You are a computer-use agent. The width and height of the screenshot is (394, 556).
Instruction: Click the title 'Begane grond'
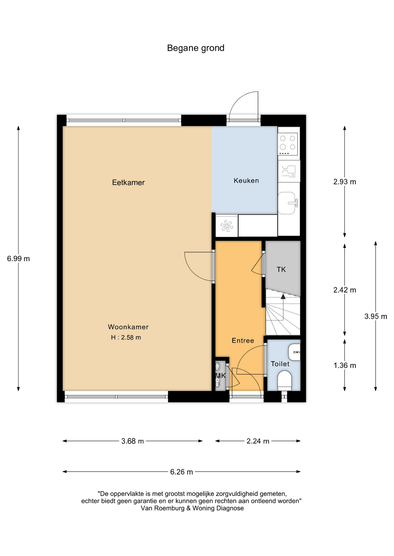(x=196, y=48)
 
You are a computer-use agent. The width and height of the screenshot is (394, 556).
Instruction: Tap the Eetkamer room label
(x=128, y=182)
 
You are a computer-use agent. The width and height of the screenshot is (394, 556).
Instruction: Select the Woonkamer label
(x=128, y=327)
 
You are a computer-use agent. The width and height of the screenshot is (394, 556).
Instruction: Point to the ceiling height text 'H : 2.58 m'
(x=126, y=337)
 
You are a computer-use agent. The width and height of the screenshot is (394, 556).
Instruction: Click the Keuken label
(x=246, y=181)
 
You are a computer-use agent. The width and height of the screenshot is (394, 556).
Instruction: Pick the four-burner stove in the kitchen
(x=288, y=144)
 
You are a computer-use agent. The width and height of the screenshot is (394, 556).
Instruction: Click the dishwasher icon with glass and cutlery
(x=289, y=171)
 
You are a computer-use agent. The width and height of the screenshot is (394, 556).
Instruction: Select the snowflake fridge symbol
(x=227, y=226)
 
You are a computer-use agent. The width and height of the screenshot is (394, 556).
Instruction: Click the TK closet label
(x=281, y=270)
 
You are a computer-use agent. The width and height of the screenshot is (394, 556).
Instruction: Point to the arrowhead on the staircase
(x=283, y=296)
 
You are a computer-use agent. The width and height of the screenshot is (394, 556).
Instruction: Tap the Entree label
(x=243, y=341)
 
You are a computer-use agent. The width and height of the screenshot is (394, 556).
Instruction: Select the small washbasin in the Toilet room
(x=294, y=352)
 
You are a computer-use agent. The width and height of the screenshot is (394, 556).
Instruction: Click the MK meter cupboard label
(x=221, y=376)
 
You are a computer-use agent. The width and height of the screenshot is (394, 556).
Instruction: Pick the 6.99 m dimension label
(x=18, y=259)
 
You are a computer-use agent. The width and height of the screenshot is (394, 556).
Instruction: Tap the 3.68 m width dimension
(x=133, y=441)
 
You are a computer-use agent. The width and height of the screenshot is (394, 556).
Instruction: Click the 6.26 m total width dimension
(x=182, y=472)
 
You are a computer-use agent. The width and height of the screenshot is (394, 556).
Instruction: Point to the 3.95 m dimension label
(x=376, y=317)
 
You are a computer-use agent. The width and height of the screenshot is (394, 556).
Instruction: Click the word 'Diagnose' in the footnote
(x=231, y=508)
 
